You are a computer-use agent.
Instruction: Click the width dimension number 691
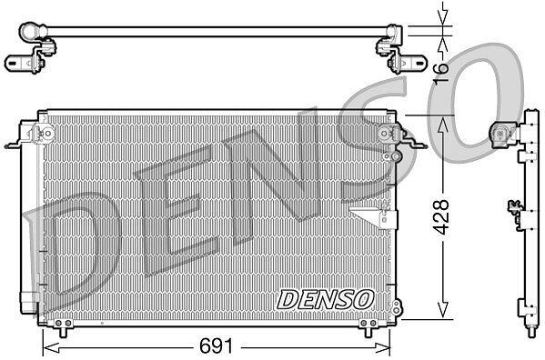coord(216,346)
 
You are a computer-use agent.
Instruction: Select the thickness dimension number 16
coord(441,73)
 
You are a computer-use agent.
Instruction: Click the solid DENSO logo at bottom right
coord(326,300)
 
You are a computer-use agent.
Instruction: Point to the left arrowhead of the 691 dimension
coord(51,347)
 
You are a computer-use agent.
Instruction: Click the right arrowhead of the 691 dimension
coord(381,347)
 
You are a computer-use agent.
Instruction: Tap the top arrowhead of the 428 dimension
coord(442,125)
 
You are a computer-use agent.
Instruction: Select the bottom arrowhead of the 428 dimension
coord(442,309)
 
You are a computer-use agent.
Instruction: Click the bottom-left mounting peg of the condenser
coord(63,333)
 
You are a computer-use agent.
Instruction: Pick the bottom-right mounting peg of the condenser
coord(368,333)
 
